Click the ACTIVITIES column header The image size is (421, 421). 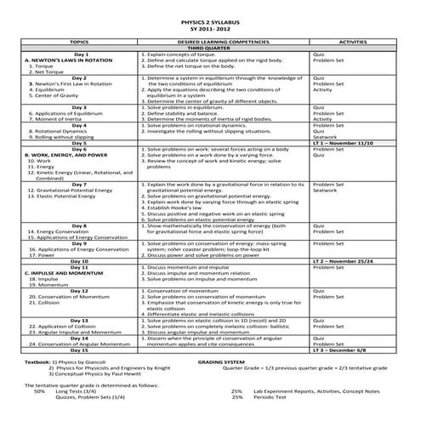[351, 40]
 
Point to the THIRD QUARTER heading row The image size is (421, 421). [209, 47]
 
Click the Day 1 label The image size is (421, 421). [80, 54]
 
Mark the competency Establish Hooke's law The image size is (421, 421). [178, 207]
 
